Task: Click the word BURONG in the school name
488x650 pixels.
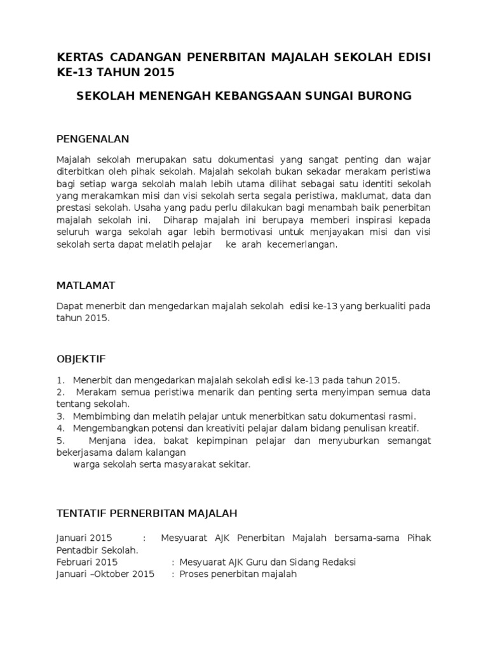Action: pos(384,96)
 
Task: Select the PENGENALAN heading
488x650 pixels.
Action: pos(93,138)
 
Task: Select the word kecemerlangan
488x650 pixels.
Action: pos(306,244)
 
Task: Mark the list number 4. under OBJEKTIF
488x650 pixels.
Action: pos(61,428)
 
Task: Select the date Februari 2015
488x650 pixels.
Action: pos(87,562)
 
